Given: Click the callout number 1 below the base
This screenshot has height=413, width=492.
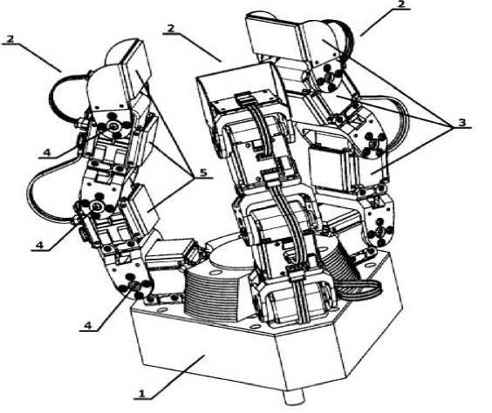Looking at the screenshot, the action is [x=142, y=393].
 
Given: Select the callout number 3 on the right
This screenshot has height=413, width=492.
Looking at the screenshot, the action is [x=461, y=122].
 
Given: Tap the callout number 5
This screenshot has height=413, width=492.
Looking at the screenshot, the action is [x=203, y=173].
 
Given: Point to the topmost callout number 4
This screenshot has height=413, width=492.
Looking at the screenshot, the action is [x=46, y=152].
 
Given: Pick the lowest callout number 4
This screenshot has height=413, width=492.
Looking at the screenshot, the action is [x=87, y=325].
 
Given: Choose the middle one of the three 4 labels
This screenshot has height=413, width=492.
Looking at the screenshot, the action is [x=39, y=245].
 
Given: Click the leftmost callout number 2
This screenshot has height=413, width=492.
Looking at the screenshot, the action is [x=10, y=39].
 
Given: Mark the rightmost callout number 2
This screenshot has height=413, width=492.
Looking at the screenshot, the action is [x=401, y=4].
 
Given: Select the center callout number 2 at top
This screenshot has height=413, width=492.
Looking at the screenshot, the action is [x=171, y=29].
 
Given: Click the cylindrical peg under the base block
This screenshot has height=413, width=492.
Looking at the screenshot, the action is [x=293, y=396].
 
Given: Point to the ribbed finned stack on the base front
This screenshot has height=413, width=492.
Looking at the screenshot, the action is [x=213, y=293].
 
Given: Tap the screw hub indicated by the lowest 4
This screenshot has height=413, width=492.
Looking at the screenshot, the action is [x=134, y=285].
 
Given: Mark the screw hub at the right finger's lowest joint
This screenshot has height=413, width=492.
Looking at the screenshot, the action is [x=380, y=234].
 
